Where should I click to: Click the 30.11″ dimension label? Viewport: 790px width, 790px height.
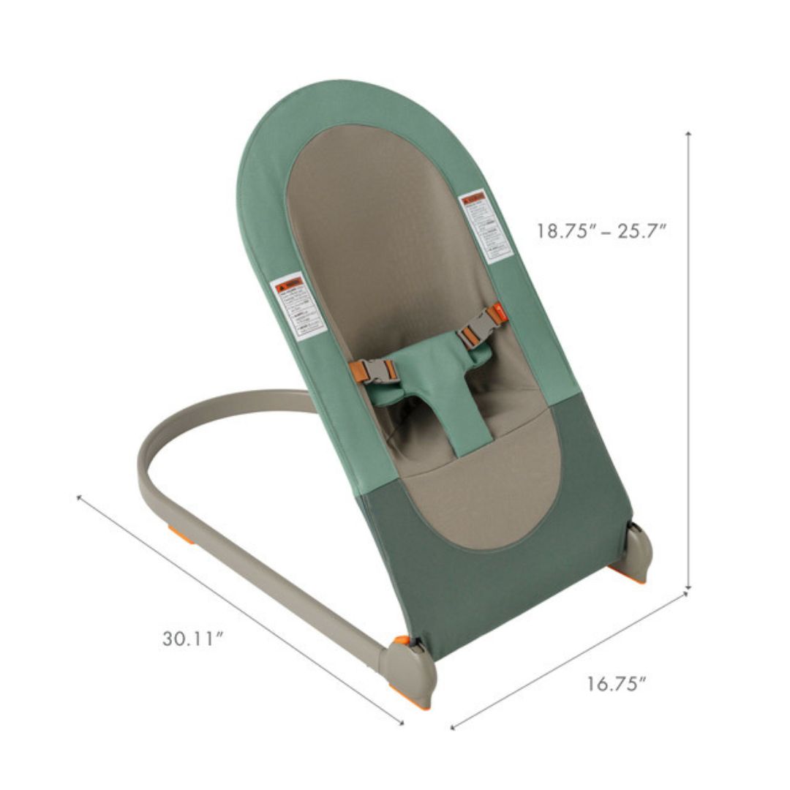(192, 639)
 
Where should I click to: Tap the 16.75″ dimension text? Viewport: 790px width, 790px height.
(617, 684)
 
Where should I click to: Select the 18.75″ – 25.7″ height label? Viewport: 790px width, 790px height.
(602, 231)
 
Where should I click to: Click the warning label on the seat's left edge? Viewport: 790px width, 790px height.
(298, 305)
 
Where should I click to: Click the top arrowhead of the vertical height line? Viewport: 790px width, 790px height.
(688, 134)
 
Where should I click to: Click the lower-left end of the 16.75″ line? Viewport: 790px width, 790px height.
(453, 727)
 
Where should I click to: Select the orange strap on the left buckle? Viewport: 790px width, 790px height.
(358, 372)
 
